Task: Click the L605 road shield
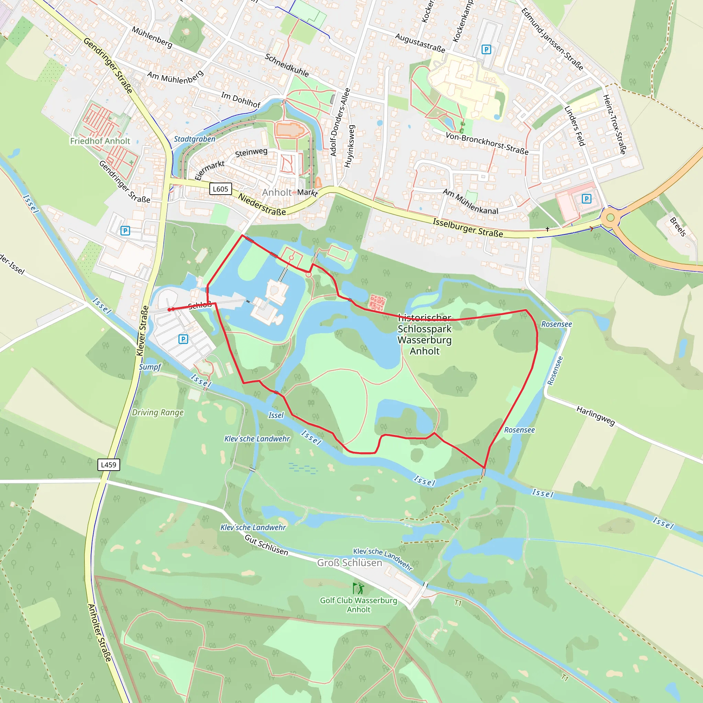pyautogui.click(x=220, y=189)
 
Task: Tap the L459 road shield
pyautogui.click(x=108, y=465)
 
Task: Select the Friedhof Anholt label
pyautogui.click(x=100, y=141)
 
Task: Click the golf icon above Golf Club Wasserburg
pyautogui.click(x=358, y=588)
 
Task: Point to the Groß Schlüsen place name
pyautogui.click(x=349, y=563)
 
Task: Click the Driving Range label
pyautogui.click(x=158, y=412)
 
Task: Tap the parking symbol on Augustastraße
pyautogui.click(x=486, y=49)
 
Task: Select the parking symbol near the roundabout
pyautogui.click(x=586, y=199)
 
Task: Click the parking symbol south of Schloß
pyautogui.click(x=183, y=339)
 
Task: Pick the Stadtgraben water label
pyautogui.click(x=194, y=139)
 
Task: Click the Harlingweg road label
pyautogui.click(x=595, y=416)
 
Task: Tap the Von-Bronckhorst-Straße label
pyautogui.click(x=487, y=143)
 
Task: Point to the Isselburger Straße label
pyautogui.click(x=468, y=228)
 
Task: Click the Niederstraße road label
pyautogui.click(x=262, y=204)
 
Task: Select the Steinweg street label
pyautogui.click(x=251, y=152)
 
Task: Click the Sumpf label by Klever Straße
pyautogui.click(x=150, y=367)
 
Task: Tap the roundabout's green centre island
pyautogui.click(x=610, y=218)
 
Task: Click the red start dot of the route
pyautogui.click(x=170, y=310)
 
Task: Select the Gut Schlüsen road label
pyautogui.click(x=266, y=545)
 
